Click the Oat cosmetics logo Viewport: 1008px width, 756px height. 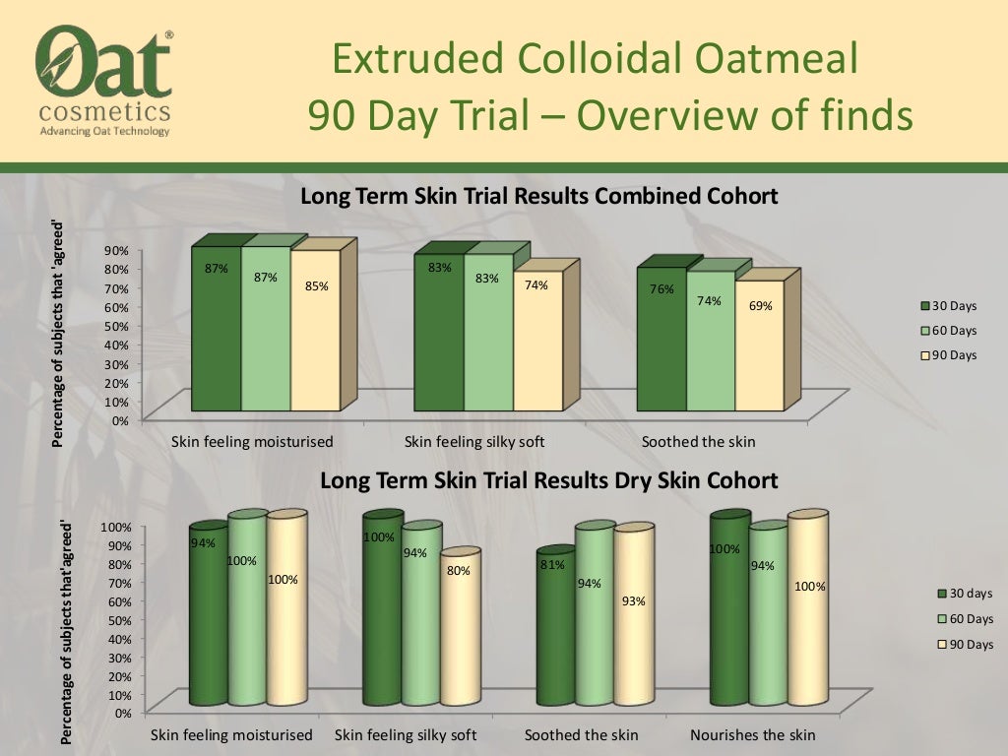tap(103, 79)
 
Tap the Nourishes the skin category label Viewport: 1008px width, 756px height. tap(753, 735)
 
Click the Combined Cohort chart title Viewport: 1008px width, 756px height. tap(538, 196)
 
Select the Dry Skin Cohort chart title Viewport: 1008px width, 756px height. tap(549, 480)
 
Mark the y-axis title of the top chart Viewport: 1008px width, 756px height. tap(58, 332)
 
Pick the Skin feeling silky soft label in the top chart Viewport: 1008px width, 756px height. tap(475, 442)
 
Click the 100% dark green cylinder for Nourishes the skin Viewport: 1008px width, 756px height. tap(729, 610)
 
